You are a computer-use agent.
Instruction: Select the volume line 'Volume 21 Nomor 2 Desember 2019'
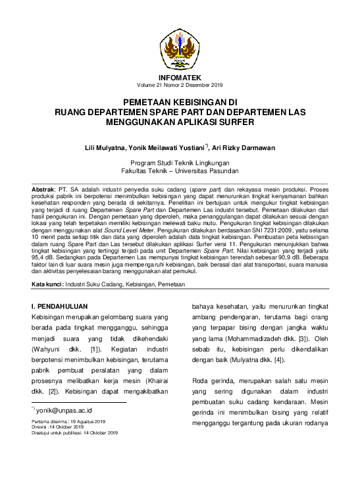(180, 86)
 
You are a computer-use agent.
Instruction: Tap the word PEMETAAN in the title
(153, 104)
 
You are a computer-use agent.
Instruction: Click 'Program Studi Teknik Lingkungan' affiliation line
(180, 163)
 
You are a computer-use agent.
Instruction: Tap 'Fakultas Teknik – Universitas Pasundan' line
(180, 170)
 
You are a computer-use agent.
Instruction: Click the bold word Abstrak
(44, 189)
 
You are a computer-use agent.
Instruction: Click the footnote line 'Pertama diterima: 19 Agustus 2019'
(68, 420)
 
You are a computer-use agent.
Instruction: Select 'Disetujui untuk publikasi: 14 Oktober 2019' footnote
(74, 432)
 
